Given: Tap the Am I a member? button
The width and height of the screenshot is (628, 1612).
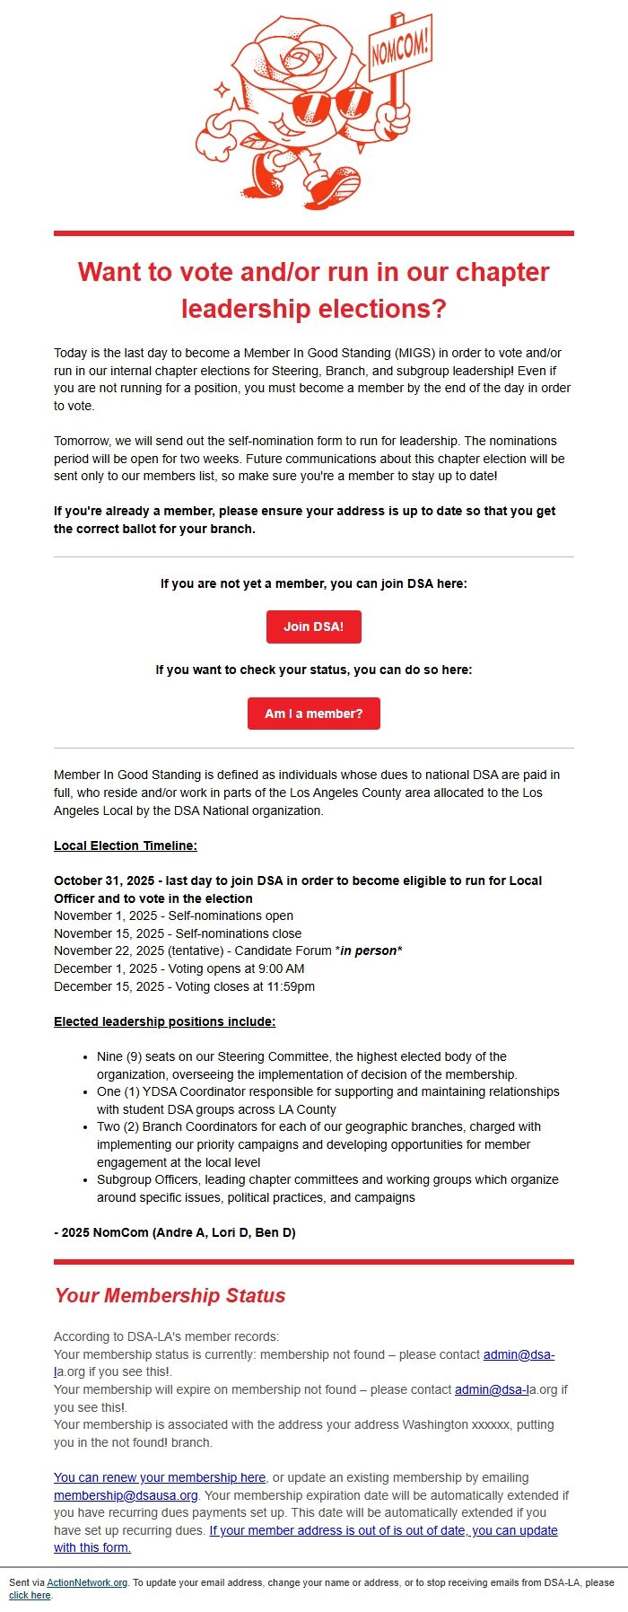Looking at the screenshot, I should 313,714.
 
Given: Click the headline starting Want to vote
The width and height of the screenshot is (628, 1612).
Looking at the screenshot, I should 313,289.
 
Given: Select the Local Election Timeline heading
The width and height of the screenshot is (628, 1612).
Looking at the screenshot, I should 125,845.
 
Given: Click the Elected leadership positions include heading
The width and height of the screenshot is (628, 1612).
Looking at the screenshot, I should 164,1021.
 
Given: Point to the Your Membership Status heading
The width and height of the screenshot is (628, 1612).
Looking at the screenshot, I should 170,1295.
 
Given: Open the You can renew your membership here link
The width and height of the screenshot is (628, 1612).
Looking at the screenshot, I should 160,1477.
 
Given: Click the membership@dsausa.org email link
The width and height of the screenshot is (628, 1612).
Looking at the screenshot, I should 126,1495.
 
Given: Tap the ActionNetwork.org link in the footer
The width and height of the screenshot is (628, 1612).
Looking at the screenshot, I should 87,1582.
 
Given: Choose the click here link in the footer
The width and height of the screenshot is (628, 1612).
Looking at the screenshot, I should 31,1596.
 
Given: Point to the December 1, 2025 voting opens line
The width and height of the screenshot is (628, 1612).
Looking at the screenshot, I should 179,968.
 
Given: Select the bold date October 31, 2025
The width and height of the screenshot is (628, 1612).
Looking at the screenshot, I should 105,880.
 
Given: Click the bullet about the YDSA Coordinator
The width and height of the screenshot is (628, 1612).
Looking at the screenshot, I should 327,1100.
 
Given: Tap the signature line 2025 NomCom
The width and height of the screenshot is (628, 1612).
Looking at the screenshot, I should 174,1232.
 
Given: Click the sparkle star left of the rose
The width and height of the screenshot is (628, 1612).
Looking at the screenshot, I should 222,89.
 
